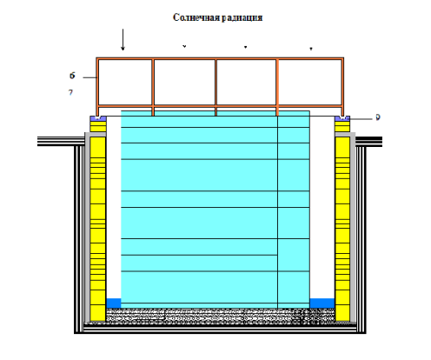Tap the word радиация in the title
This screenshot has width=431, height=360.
[242, 18]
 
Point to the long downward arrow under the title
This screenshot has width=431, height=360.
[123, 40]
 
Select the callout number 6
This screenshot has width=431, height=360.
[72, 76]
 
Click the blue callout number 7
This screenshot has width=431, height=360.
[70, 92]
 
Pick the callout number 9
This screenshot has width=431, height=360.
[378, 117]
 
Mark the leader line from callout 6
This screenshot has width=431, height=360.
[90, 77]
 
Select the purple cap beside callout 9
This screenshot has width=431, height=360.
[342, 118]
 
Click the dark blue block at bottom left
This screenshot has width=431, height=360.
[114, 303]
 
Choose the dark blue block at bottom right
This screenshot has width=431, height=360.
[322, 303]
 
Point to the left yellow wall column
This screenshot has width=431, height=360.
[98, 221]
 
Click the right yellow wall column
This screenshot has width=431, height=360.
[342, 221]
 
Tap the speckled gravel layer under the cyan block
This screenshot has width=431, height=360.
[220, 315]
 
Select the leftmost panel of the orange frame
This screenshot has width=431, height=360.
[125, 83]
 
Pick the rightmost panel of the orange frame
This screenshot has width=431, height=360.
[310, 83]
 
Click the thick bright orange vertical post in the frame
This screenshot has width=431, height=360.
[277, 87]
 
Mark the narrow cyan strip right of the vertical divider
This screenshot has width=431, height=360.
[294, 210]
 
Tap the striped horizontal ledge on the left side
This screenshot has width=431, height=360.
[62, 141]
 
